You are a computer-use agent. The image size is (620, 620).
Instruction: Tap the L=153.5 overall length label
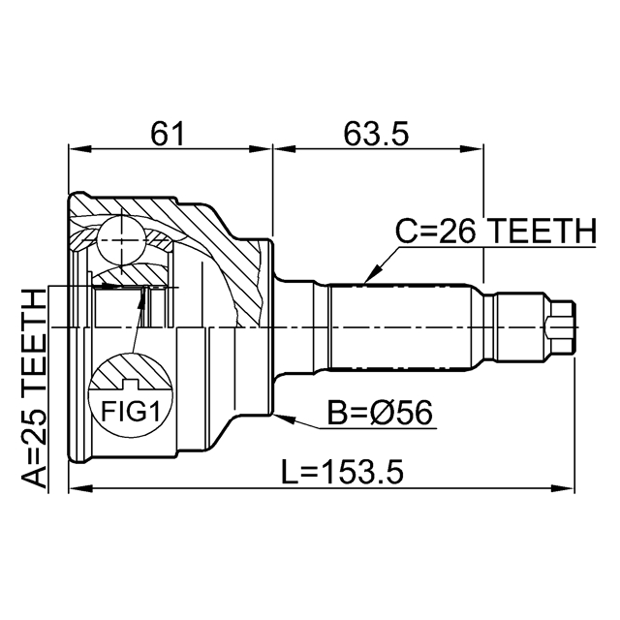[x=342, y=471]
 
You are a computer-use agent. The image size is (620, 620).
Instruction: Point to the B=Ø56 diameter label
[x=380, y=412]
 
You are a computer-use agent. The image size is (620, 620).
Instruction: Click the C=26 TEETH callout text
[x=496, y=231]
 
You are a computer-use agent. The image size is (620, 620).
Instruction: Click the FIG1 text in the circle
[x=131, y=411]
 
